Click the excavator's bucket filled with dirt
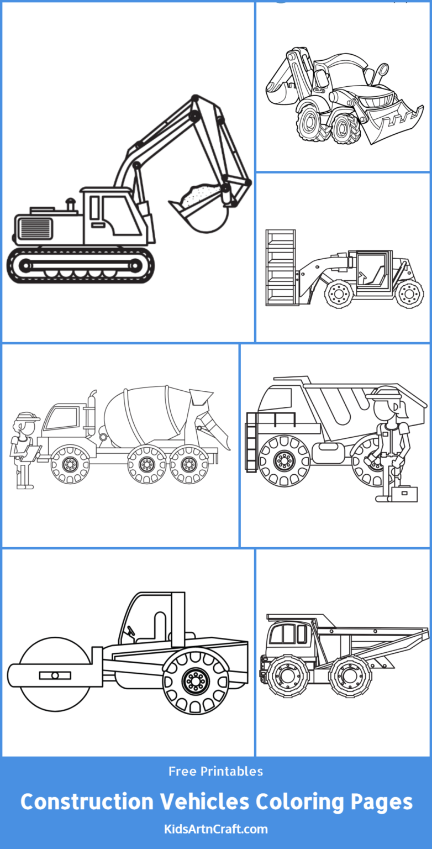coord(199,207)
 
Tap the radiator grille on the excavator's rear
coord(34,228)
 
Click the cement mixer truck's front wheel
coord(70,465)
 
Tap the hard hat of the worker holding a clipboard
coord(26,416)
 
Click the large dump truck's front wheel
coord(285,460)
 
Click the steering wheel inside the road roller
coord(131,630)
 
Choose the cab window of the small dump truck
coord(283,634)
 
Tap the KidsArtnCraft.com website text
coord(216,829)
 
